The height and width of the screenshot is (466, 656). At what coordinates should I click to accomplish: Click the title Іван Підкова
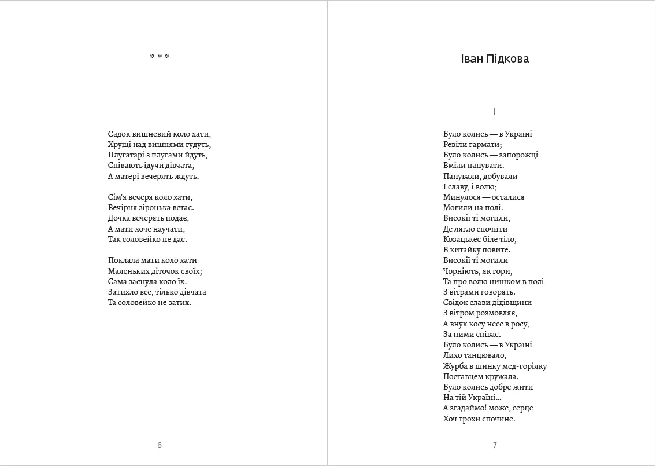[495, 59]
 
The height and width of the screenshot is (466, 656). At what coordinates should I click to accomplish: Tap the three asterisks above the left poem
[160, 57]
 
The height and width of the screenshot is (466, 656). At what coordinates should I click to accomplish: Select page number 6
[160, 445]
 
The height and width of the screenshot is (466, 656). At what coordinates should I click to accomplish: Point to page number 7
[495, 445]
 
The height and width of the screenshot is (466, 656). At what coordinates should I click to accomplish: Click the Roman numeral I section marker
[495, 112]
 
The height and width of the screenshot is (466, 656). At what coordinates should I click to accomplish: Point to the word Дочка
[120, 218]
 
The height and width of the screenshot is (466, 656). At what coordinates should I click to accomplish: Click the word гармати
[485, 145]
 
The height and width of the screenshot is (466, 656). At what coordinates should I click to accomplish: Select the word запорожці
[519, 155]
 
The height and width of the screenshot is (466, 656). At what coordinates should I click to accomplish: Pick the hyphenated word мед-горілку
[521, 366]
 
